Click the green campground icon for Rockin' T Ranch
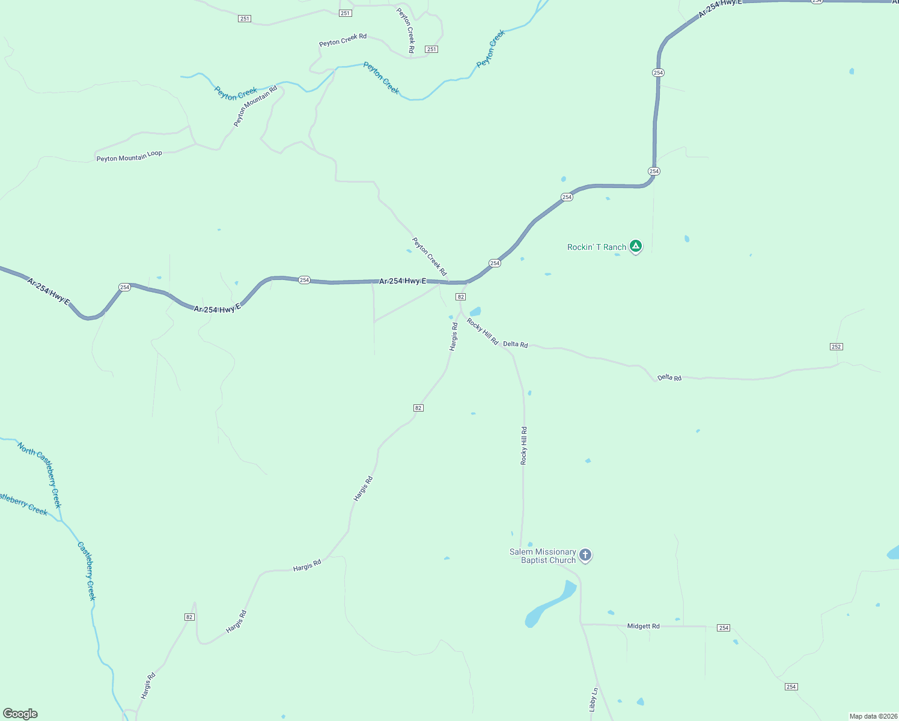[x=636, y=246]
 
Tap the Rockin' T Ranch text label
[x=597, y=247]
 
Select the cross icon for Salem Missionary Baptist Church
[x=585, y=555]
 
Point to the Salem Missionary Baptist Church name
[x=543, y=556]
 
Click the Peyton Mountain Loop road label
[x=129, y=156]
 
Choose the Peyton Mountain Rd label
[x=255, y=106]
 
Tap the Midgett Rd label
[x=643, y=626]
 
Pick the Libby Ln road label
[x=594, y=700]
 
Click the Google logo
[x=20, y=714]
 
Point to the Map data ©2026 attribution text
[x=872, y=716]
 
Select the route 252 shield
[x=836, y=347]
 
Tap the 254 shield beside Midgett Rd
[x=724, y=628]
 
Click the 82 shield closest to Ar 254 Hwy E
[x=460, y=297]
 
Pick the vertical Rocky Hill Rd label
[x=524, y=445]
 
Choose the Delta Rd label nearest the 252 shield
[x=669, y=377]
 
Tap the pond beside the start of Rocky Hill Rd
[x=475, y=311]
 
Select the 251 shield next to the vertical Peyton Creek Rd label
[x=431, y=49]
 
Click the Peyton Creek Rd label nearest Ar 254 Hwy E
[x=430, y=257]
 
